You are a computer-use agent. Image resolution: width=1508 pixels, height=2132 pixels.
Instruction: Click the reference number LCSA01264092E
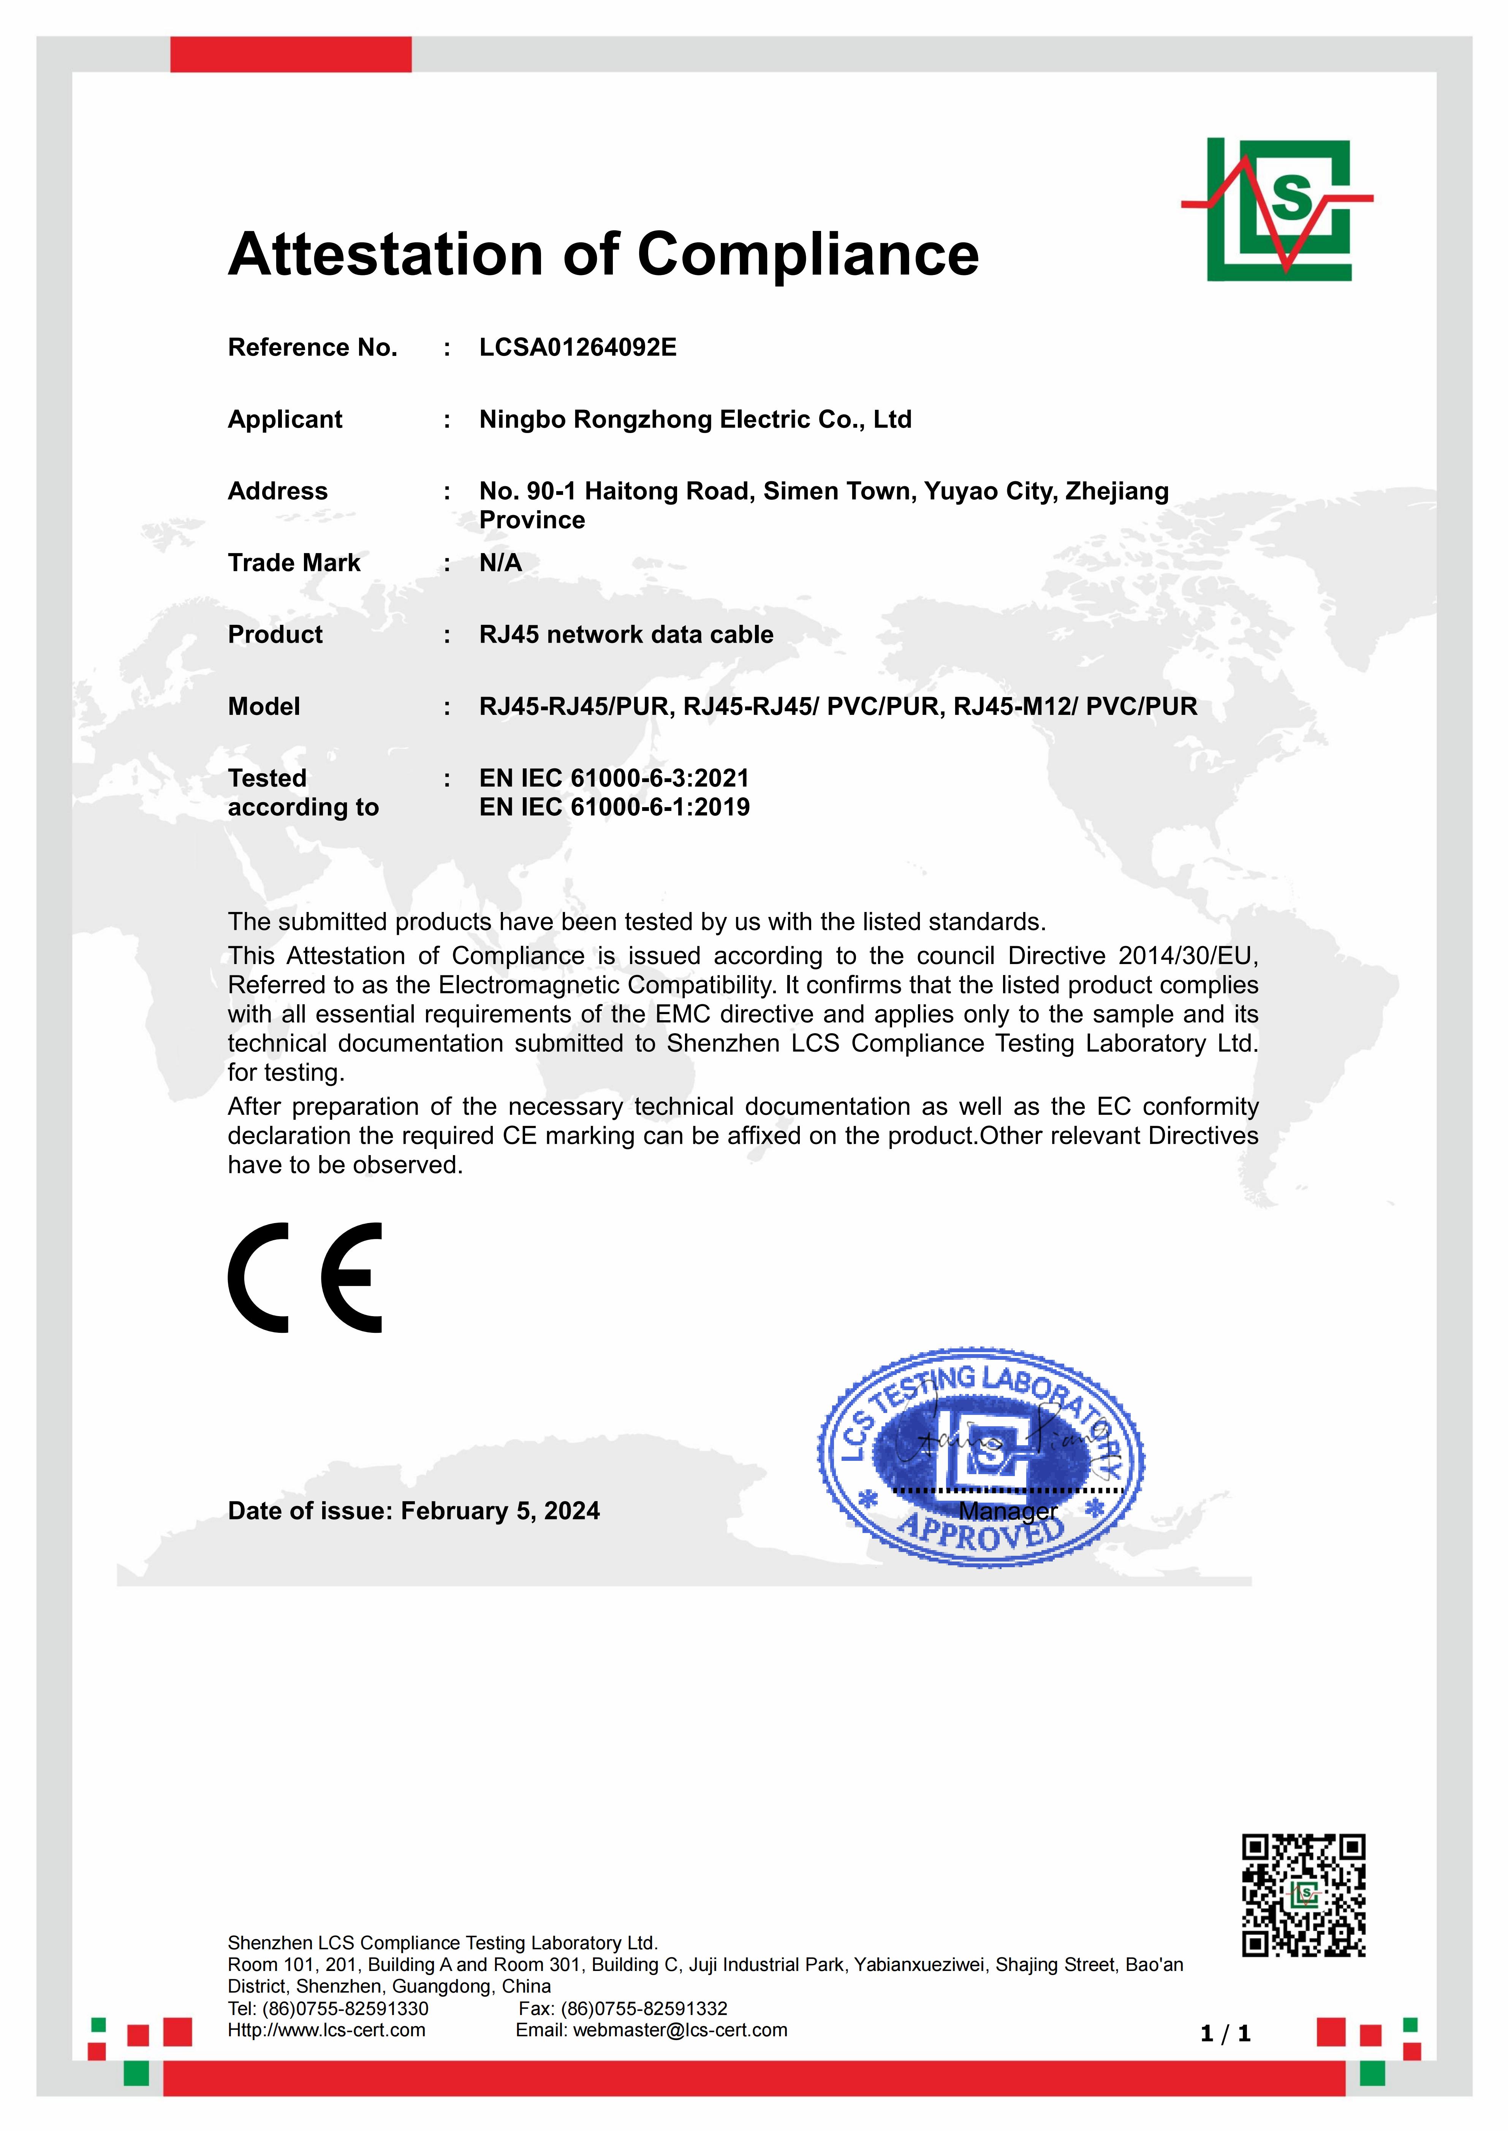(x=578, y=347)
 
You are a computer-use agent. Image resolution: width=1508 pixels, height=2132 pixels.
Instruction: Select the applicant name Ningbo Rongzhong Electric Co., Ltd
(x=695, y=420)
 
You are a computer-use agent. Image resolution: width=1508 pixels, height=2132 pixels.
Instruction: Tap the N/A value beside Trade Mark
(x=500, y=563)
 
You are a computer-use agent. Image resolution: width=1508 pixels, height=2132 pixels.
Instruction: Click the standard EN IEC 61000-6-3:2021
(x=614, y=778)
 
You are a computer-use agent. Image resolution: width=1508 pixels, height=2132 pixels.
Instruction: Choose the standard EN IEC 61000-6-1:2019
(x=614, y=807)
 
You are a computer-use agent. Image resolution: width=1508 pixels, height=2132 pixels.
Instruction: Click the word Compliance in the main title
(x=808, y=254)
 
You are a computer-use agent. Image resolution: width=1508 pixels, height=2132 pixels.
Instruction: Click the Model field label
(x=264, y=706)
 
